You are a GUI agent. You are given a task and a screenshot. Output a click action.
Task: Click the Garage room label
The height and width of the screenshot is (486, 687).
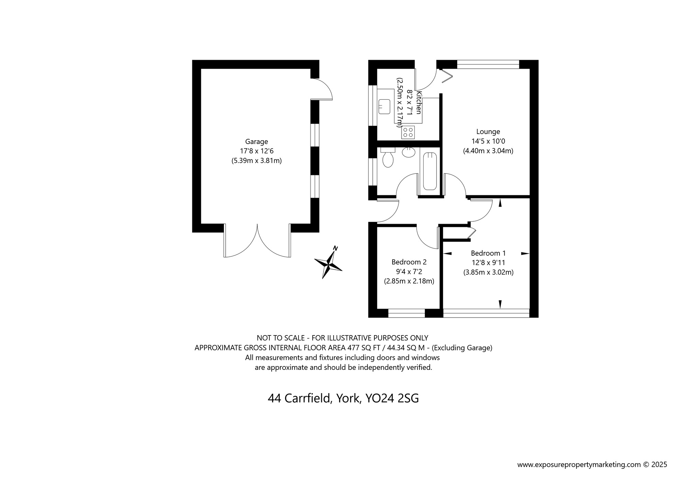256,142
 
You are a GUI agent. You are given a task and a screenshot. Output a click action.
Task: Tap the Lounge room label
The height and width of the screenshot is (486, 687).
488,132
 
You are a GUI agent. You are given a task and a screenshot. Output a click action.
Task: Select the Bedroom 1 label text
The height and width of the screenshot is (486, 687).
488,253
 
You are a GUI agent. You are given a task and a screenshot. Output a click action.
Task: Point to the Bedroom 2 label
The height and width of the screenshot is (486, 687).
409,262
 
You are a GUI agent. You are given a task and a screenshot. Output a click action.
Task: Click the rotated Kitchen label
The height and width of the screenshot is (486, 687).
419,102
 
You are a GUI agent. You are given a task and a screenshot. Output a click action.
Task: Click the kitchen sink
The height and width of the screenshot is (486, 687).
384,106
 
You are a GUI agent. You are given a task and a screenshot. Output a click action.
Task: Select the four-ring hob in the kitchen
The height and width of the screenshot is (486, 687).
408,132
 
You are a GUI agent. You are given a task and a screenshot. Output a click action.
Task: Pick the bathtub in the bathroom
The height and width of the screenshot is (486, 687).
430,171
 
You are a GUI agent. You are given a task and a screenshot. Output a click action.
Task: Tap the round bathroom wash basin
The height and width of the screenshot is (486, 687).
409,152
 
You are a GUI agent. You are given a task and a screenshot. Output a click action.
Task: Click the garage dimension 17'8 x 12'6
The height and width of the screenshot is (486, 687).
256,151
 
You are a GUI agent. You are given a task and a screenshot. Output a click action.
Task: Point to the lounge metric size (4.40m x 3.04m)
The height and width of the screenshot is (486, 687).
488,151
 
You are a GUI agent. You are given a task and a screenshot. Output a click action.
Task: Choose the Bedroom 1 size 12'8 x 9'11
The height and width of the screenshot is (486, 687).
488,263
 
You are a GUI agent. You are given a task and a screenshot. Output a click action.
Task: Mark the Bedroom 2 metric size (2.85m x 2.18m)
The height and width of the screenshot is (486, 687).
409,281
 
